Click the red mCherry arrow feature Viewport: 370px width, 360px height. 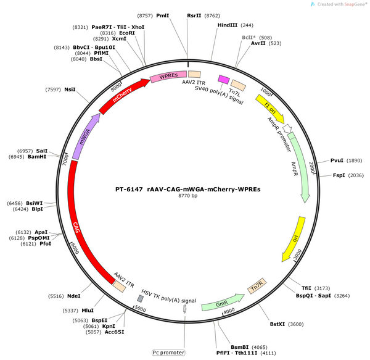(123, 96)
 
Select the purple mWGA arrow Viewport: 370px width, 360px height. (86, 136)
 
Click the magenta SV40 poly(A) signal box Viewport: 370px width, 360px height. (224, 80)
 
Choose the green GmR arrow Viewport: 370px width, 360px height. (223, 303)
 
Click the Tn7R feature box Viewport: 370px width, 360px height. (257, 286)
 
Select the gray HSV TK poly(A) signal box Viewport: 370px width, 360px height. (141, 299)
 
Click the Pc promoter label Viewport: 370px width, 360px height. (168, 353)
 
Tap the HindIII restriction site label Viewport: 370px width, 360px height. (228, 25)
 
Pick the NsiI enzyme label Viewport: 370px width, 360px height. (70, 90)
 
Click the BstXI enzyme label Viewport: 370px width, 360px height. (277, 324)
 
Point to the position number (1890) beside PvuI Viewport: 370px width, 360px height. (354, 161)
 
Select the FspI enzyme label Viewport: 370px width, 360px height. (339, 175)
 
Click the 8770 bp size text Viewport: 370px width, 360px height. (188, 196)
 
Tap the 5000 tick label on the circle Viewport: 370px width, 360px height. (140, 309)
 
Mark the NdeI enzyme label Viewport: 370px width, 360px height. (74, 296)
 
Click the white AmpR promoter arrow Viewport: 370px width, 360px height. (287, 128)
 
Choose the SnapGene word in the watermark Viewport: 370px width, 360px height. (354, 4)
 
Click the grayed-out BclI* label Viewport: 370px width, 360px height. (249, 38)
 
